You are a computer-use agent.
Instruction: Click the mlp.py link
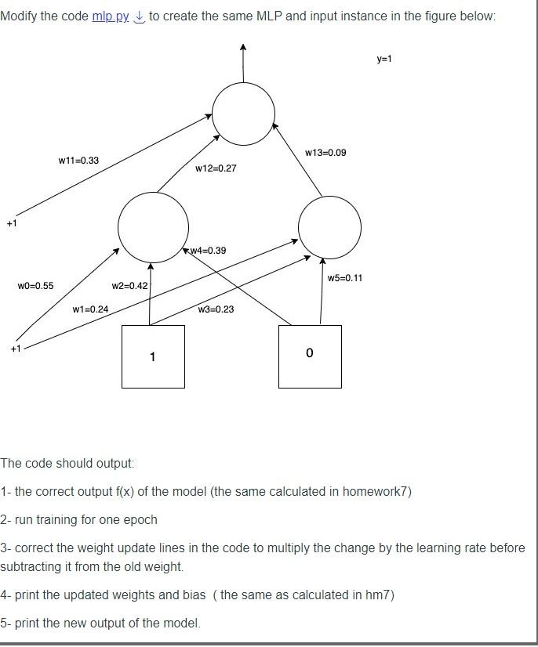[111, 16]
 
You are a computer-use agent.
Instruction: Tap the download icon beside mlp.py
[139, 16]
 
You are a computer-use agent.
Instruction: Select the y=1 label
[384, 59]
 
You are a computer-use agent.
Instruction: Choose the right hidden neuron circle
[330, 227]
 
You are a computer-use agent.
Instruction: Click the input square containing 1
[153, 356]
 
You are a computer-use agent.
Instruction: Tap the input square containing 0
[310, 356]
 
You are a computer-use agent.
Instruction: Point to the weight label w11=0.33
[78, 161]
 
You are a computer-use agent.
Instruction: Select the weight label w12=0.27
[216, 168]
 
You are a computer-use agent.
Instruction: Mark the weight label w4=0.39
[208, 251]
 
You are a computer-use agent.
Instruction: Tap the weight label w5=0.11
[345, 278]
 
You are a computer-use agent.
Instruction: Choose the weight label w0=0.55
[35, 286]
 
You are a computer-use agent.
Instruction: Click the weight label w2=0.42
[129, 286]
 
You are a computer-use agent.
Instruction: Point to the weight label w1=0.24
[90, 309]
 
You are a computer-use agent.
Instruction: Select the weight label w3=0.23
[216, 309]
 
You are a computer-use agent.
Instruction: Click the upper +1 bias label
[11, 224]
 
